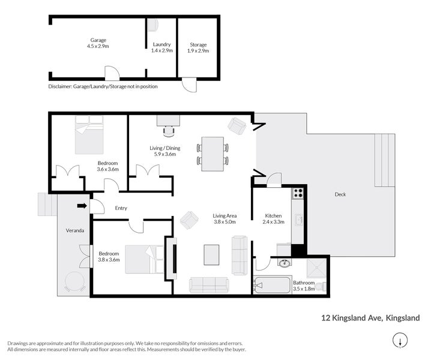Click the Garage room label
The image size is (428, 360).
pyautogui.click(x=98, y=40)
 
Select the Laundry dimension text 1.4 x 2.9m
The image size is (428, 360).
pyautogui.click(x=161, y=51)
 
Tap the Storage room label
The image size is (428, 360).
pyautogui.click(x=198, y=45)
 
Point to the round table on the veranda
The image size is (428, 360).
pyautogui.click(x=75, y=281)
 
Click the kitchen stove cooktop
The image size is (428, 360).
pyautogui.click(x=298, y=193)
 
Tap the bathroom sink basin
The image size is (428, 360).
pyautogui.click(x=284, y=263)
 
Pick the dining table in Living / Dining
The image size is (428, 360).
pyautogui.click(x=212, y=151)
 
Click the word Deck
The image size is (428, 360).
pyautogui.click(x=340, y=194)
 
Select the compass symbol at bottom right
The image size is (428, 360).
pyautogui.click(x=399, y=341)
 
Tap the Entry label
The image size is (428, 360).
pyautogui.click(x=121, y=208)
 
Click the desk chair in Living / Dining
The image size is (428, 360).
pyautogui.click(x=169, y=130)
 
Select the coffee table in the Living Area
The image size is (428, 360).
pyautogui.click(x=211, y=254)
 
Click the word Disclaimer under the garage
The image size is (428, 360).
pyautogui.click(x=59, y=86)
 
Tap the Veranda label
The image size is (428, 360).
pyautogui.click(x=75, y=230)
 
